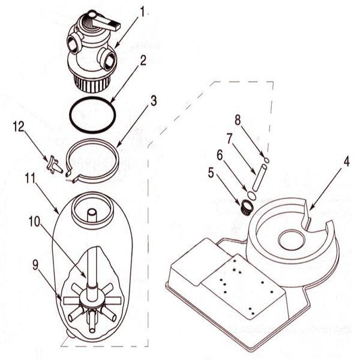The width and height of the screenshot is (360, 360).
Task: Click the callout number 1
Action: tap(143, 11)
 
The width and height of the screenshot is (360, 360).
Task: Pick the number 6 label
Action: tap(220, 155)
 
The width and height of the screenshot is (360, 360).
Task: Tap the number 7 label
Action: tap(229, 137)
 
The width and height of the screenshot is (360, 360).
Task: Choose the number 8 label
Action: tap(238, 119)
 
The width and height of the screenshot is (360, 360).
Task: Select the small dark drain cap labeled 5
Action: tap(245, 208)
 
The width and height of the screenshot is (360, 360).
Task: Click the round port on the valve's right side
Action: tap(110, 61)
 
